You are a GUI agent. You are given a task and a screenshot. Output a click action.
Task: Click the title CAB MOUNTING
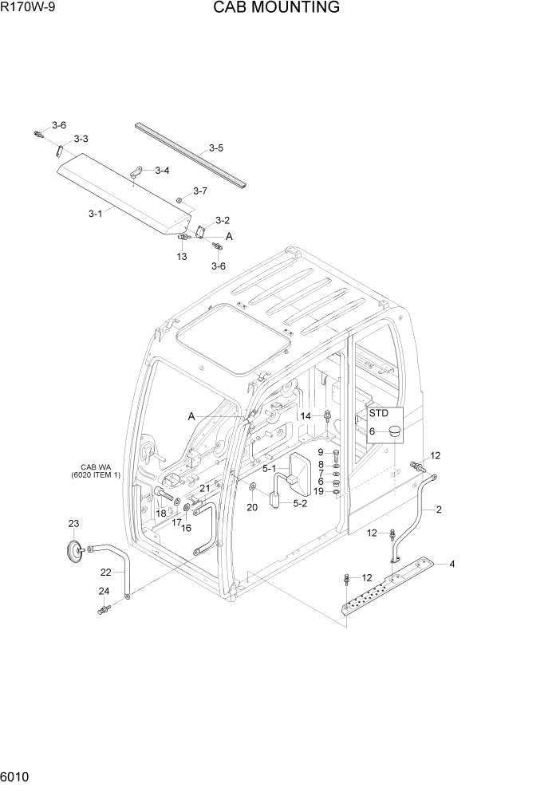(x=276, y=8)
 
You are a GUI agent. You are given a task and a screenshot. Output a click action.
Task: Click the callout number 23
(x=73, y=524)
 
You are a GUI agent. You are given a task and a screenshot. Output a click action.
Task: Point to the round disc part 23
(x=75, y=549)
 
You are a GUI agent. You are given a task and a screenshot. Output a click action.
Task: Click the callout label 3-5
(x=215, y=148)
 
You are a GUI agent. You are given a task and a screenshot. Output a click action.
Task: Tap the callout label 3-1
(x=95, y=213)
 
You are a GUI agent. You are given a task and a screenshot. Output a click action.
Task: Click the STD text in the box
(x=378, y=413)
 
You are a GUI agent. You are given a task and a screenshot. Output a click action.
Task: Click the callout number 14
(x=306, y=416)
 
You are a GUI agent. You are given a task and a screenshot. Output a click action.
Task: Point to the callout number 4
(x=452, y=565)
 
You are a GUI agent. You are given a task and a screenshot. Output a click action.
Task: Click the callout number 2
(x=439, y=509)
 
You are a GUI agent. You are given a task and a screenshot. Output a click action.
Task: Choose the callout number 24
(x=104, y=591)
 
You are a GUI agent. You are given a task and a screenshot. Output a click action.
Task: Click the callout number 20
(x=252, y=507)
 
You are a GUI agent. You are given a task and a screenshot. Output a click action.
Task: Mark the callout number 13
(x=181, y=256)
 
